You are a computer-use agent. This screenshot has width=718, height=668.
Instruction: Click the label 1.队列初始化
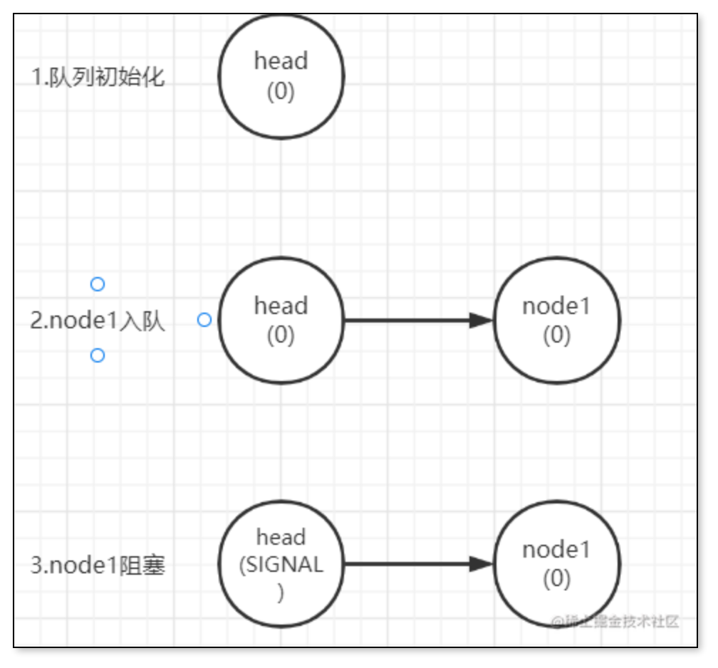tap(98, 77)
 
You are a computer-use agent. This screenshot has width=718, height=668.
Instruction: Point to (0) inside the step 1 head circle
tap(281, 93)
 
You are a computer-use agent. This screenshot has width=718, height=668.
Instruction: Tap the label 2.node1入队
tap(98, 321)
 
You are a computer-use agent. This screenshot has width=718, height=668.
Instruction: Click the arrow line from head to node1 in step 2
tap(406, 320)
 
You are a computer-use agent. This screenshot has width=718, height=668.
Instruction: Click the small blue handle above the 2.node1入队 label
tap(98, 284)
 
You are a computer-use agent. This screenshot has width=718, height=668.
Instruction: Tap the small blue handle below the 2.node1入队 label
tap(98, 355)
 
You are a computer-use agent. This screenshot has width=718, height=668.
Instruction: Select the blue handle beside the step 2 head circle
tap(204, 320)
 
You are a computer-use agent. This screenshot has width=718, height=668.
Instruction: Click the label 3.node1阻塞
tap(98, 566)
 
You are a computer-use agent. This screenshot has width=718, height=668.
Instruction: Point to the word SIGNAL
tap(281, 565)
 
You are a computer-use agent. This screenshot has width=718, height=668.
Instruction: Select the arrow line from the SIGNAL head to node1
tap(406, 564)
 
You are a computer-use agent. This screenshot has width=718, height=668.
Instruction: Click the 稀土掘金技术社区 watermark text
tap(615, 621)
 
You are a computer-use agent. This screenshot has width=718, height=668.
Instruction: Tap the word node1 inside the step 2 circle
tap(556, 306)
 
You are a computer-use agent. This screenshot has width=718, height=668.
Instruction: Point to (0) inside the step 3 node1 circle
tap(556, 580)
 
